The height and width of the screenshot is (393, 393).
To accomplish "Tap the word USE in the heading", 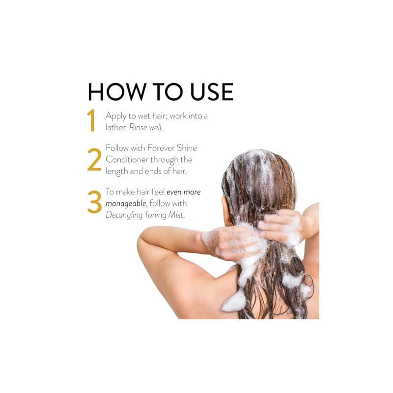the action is (212, 91).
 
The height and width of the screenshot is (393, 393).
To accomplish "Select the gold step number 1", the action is (92, 120).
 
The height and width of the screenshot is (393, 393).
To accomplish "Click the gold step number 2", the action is (94, 160).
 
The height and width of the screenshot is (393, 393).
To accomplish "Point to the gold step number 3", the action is (94, 202).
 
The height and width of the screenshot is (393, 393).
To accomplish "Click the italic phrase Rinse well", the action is (146, 127).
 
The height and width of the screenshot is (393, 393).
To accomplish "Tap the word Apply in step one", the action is (116, 116).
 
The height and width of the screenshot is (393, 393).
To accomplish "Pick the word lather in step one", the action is (116, 127).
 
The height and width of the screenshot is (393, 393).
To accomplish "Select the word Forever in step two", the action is (161, 148).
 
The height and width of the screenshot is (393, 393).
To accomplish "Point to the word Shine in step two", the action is (187, 148).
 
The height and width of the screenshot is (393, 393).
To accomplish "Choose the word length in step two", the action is (116, 171).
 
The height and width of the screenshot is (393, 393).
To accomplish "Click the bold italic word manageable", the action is (126, 204).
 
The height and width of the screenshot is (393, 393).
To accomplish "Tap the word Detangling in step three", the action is (124, 216).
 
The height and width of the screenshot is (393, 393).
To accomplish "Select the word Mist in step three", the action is (176, 215).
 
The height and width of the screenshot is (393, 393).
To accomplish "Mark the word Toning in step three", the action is (155, 216).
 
